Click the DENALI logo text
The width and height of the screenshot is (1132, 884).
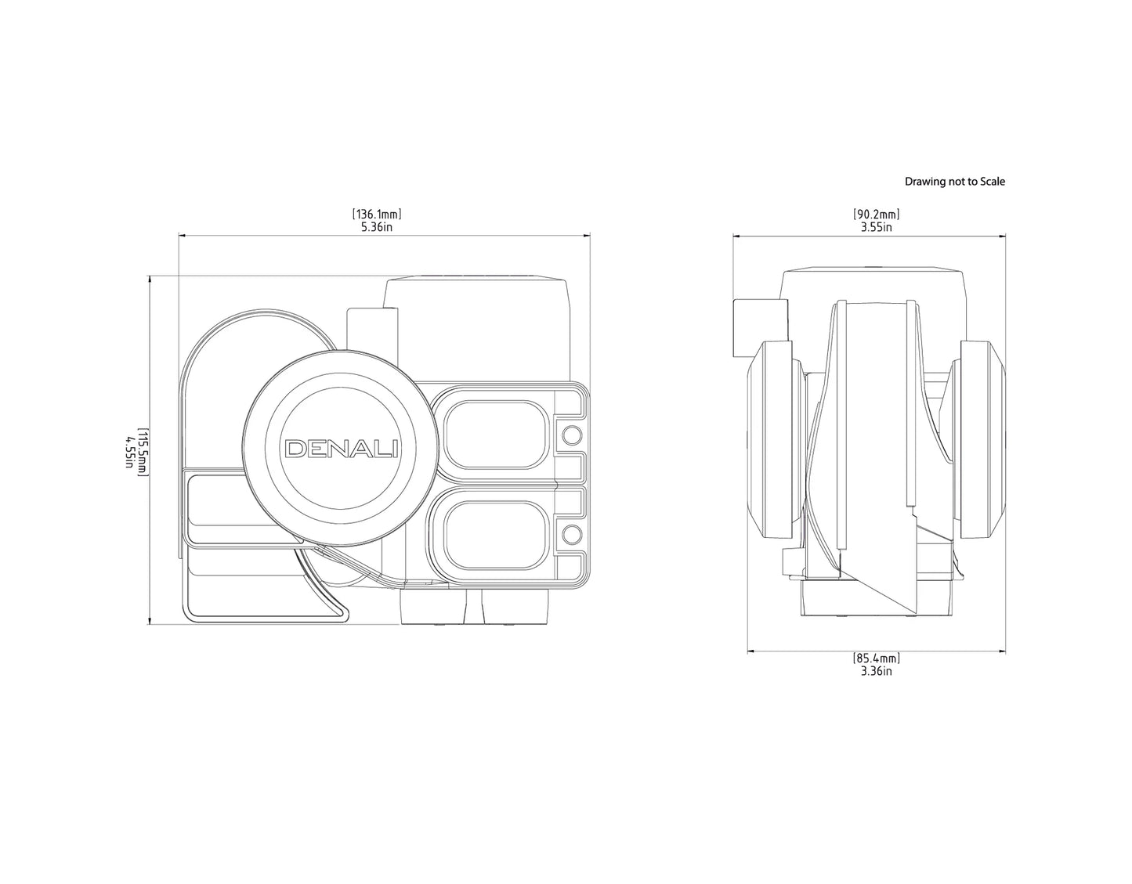342,449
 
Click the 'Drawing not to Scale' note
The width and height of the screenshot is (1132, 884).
954,182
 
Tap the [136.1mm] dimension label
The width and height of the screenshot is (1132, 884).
377,214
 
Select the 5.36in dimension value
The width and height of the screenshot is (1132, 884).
377,227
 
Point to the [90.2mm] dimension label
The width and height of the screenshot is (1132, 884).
876,214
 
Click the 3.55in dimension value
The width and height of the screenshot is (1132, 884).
876,227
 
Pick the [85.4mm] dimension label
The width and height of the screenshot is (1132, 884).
876,658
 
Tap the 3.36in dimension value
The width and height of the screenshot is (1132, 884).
876,671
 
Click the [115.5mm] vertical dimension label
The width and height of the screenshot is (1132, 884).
143,451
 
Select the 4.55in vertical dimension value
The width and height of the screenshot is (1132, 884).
128,451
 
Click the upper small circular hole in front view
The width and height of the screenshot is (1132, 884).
572,435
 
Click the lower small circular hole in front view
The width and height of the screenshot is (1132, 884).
572,535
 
